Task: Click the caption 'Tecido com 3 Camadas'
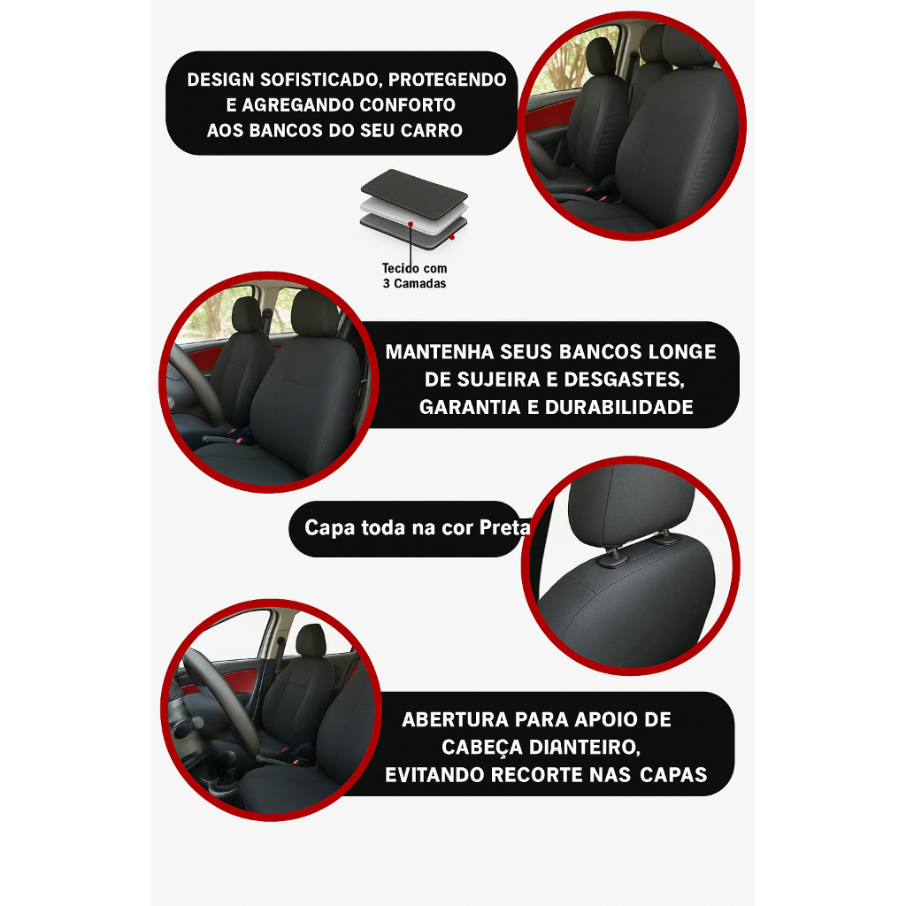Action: (414, 276)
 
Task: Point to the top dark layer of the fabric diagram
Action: (414, 194)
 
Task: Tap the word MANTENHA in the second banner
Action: (440, 352)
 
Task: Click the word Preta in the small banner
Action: (504, 527)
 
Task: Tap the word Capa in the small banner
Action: (329, 528)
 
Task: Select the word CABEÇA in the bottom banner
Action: (482, 748)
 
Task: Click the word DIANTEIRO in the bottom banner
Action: (585, 748)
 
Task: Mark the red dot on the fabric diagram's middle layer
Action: (411, 224)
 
